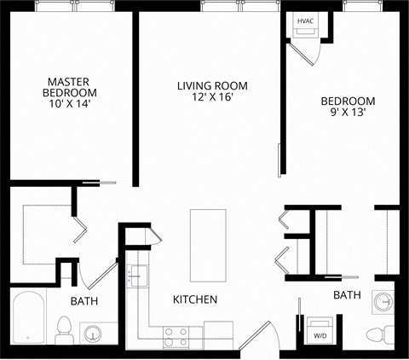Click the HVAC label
pyautogui.click(x=305, y=20)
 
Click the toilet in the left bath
pyautogui.click(x=64, y=329)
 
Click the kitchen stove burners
pyautogui.click(x=176, y=336)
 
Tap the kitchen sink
pyautogui.click(x=136, y=276)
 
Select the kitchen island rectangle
pyautogui.click(x=208, y=246)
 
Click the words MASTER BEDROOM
pyautogui.click(x=71, y=88)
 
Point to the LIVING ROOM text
pyautogui.click(x=212, y=85)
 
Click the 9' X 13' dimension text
pyautogui.click(x=348, y=113)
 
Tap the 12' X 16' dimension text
pyautogui.click(x=212, y=97)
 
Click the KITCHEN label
pyautogui.click(x=195, y=299)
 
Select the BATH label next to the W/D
pyautogui.click(x=347, y=295)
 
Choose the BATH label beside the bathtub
pyautogui.click(x=84, y=301)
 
